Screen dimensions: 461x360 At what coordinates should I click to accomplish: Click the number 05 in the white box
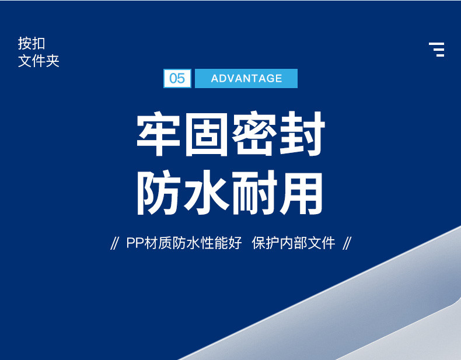pos(177,78)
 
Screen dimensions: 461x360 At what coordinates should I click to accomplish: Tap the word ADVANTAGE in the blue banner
pos(246,78)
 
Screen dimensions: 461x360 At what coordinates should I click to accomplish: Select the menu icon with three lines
pos(436,50)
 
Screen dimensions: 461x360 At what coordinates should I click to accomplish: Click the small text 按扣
pos(32,44)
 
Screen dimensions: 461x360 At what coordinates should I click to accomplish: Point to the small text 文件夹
pos(39,61)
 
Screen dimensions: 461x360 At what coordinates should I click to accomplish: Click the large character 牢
pos(158,134)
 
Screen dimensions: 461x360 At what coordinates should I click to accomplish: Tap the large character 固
pos(207,134)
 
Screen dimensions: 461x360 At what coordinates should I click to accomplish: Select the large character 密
pos(254,134)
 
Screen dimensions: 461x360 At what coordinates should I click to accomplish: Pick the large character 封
pos(302,134)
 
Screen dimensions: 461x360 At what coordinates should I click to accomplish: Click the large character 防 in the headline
pos(158,193)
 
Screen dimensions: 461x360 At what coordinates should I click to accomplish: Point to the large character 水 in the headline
pos(207,193)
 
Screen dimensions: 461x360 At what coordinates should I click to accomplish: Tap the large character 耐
pos(254,193)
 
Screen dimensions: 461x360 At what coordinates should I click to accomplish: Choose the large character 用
pos(302,193)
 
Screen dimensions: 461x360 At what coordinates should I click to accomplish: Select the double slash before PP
pos(114,243)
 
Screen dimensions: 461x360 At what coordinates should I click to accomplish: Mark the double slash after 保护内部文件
pos(347,243)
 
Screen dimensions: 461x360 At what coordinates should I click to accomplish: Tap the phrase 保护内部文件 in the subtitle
pos(294,243)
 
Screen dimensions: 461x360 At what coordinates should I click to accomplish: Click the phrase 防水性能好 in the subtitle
pos(207,243)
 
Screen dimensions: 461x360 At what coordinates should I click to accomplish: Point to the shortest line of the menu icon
pos(440,55)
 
